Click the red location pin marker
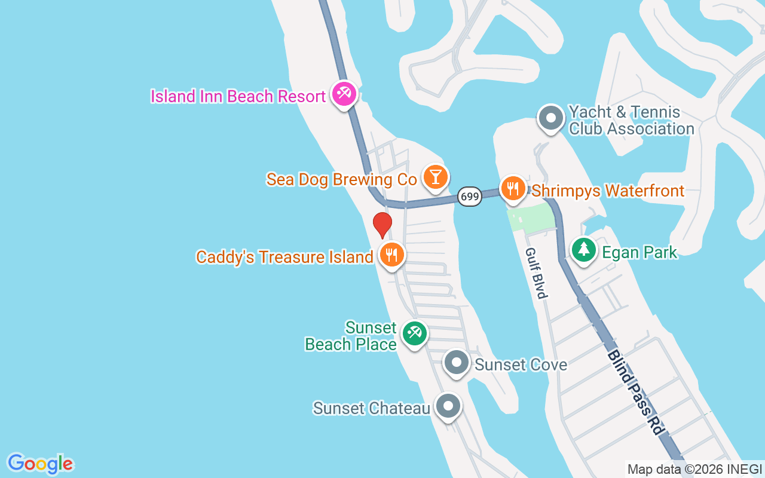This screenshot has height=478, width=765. click(x=382, y=225)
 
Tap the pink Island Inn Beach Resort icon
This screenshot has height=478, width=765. click(x=344, y=94)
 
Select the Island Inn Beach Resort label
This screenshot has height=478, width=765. click(x=238, y=96)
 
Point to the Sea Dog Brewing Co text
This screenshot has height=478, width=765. click(x=342, y=179)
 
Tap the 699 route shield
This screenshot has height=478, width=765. click(x=470, y=196)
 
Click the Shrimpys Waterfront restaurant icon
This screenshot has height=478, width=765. click(x=512, y=189)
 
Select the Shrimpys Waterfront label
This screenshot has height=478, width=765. click(x=608, y=191)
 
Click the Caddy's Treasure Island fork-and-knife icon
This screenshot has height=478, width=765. click(x=392, y=255)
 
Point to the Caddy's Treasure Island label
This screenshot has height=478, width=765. click(x=284, y=258)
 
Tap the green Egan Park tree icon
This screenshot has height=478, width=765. click(x=583, y=250)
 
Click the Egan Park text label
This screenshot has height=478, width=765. click(x=639, y=253)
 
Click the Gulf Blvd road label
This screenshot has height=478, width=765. click(x=535, y=273)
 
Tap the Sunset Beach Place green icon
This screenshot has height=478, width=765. click(x=414, y=333)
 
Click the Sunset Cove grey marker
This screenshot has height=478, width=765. click(x=457, y=363)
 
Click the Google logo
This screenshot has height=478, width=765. click(x=40, y=464)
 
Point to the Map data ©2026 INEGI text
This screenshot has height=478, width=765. click(x=694, y=469)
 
